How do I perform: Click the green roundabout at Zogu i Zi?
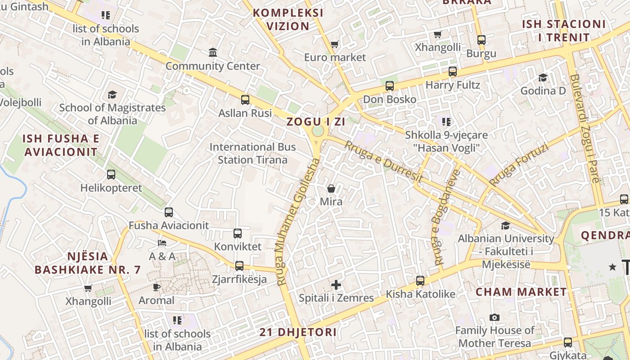pyautogui.click(x=318, y=131)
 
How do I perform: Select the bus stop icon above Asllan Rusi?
pyautogui.click(x=245, y=99)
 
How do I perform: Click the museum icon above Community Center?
pyautogui.click(x=213, y=53)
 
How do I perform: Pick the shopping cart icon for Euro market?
pyautogui.click(x=334, y=44)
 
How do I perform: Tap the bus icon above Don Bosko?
pyautogui.click(x=390, y=85)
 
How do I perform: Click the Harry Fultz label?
pyautogui.click(x=453, y=85)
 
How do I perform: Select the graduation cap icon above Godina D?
pyautogui.click(x=543, y=77)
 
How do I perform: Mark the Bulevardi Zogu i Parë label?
pyautogui.click(x=584, y=128)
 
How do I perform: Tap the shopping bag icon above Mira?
pyautogui.click(x=331, y=189)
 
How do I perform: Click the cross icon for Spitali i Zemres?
pyautogui.click(x=336, y=285)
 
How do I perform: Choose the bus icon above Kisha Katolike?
pyautogui.click(x=420, y=281)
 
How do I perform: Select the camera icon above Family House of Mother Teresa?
pyautogui.click(x=495, y=318)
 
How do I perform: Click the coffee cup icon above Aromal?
pyautogui.click(x=156, y=287)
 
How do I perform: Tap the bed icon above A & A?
pyautogui.click(x=162, y=243)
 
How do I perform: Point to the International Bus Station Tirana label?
pyautogui.click(x=252, y=153)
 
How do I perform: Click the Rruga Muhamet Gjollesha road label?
pyautogui.click(x=298, y=222)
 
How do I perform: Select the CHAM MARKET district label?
pyautogui.click(x=522, y=292)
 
